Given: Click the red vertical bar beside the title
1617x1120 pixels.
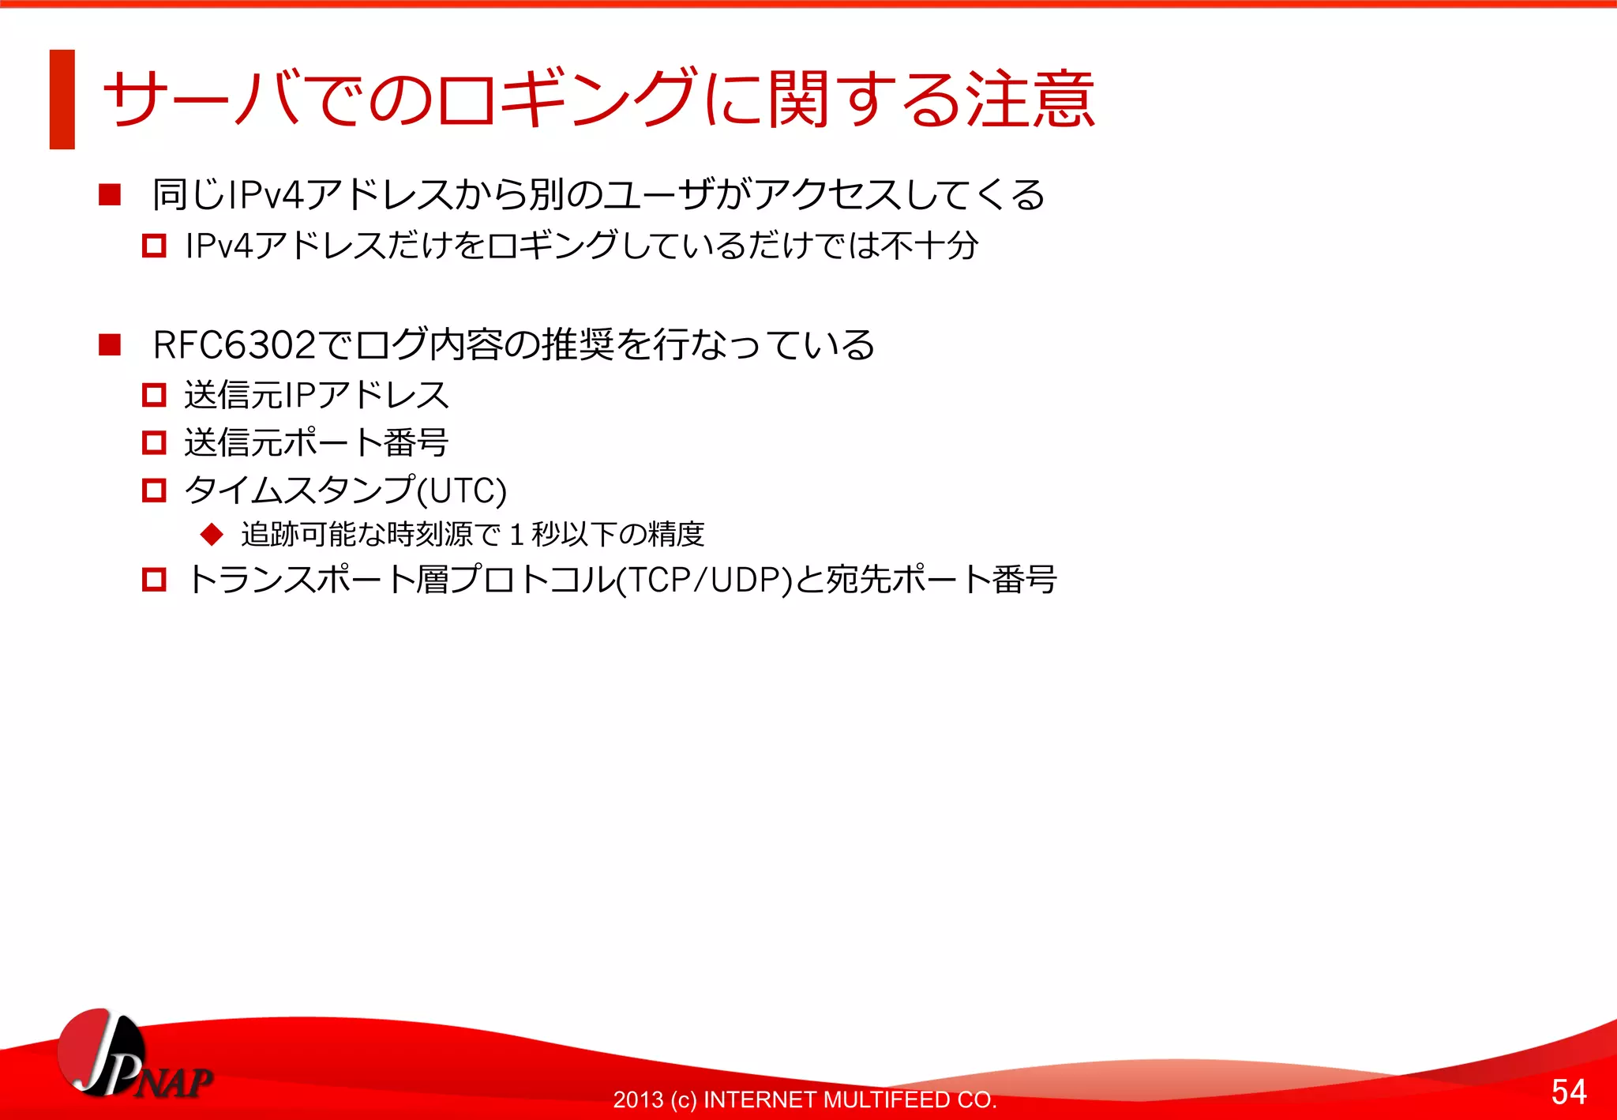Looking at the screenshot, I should [x=62, y=100].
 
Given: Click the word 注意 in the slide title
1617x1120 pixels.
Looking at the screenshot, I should [x=1030, y=100].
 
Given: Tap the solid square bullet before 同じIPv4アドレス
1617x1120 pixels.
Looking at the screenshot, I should [x=110, y=194].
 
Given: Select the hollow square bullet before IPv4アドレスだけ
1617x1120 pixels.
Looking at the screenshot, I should [x=154, y=246].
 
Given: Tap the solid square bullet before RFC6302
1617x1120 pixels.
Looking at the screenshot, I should [x=110, y=345].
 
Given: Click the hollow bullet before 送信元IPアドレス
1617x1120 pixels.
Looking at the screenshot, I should [x=154, y=395].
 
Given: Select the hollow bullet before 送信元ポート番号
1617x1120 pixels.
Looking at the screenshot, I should [x=154, y=442].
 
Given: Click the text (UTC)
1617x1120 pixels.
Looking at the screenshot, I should [x=462, y=490].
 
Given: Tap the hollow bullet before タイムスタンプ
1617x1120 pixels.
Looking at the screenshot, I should [x=154, y=490].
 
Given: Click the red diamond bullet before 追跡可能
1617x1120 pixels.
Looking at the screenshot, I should [x=212, y=534].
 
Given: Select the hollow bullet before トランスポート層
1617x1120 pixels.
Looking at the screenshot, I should [x=154, y=581].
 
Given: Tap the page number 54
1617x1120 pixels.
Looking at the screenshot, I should [x=1568, y=1092].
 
